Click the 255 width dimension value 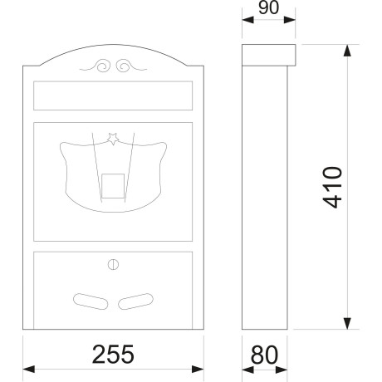(x=113, y=354)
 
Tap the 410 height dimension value (x=332, y=187)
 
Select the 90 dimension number (x=268, y=7)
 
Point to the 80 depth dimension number (x=264, y=355)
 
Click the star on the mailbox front (x=113, y=139)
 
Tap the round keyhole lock (x=113, y=265)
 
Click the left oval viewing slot (x=91, y=301)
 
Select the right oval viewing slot (x=135, y=301)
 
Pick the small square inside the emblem (x=113, y=186)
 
